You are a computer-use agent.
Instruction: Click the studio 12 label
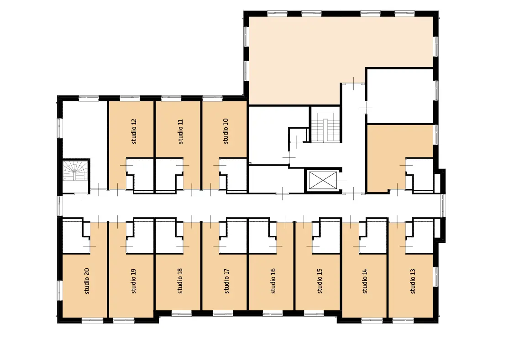click(134, 131)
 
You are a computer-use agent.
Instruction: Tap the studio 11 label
click(180, 131)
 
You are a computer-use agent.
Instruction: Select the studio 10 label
click(226, 131)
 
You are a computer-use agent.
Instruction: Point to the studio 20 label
click(87, 281)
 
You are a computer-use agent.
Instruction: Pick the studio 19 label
click(134, 281)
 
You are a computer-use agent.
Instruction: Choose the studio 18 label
click(180, 281)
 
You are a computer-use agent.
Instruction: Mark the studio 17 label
click(227, 281)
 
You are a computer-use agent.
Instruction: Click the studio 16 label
click(273, 281)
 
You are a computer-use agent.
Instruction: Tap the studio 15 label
click(320, 281)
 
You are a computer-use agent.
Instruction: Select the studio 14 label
click(365, 281)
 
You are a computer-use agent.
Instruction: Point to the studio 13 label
click(413, 281)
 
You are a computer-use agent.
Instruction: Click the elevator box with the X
click(323, 181)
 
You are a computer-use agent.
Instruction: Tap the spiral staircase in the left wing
click(77, 170)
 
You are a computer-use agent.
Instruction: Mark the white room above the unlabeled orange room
click(400, 95)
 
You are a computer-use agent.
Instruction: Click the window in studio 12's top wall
click(130, 98)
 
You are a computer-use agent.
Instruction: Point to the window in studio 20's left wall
click(60, 290)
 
